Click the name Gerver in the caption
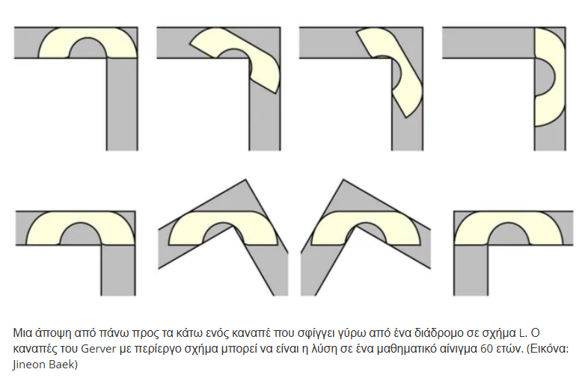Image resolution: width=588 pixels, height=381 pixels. point(99,349)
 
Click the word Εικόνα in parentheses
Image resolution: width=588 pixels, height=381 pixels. point(549,349)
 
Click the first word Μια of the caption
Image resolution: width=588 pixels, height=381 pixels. point(23,333)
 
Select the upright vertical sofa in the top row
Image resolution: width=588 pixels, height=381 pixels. point(548,77)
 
